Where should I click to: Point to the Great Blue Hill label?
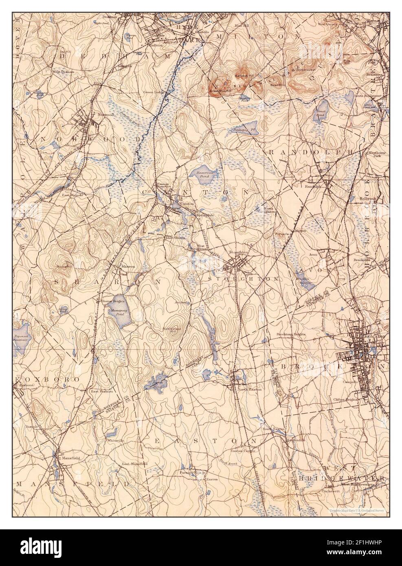[x=220, y=91]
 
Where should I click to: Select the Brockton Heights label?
[x=291, y=334]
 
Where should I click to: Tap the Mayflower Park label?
[x=374, y=154]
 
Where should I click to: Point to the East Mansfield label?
[x=134, y=464]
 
